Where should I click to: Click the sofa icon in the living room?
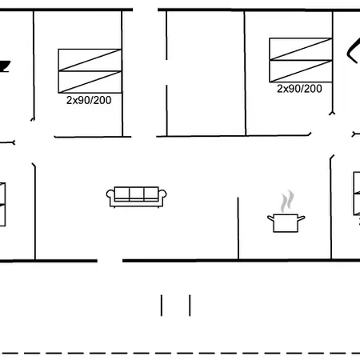pos(136,197)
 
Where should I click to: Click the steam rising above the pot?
pos(287,201)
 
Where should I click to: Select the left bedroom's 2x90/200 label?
pos(89,100)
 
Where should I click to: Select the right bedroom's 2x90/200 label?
pos(299,89)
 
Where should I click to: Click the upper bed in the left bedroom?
pos(90,60)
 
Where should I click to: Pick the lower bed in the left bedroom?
pos(90,82)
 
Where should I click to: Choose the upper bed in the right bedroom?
pos(301,49)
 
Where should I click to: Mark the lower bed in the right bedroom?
pos(301,71)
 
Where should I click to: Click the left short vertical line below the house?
pos(162,306)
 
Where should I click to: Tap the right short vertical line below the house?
pos(190,306)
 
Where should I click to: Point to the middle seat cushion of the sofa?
pos(137,194)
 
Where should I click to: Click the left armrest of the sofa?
pos(110,194)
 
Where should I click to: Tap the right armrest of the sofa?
pos(162,194)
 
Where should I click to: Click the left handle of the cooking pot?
pos(270,218)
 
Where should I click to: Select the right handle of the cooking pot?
pos(302,218)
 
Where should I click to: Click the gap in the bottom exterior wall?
pos(110,261)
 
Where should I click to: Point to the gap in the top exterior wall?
pos(146,10)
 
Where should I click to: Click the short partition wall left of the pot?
pos(238,228)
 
